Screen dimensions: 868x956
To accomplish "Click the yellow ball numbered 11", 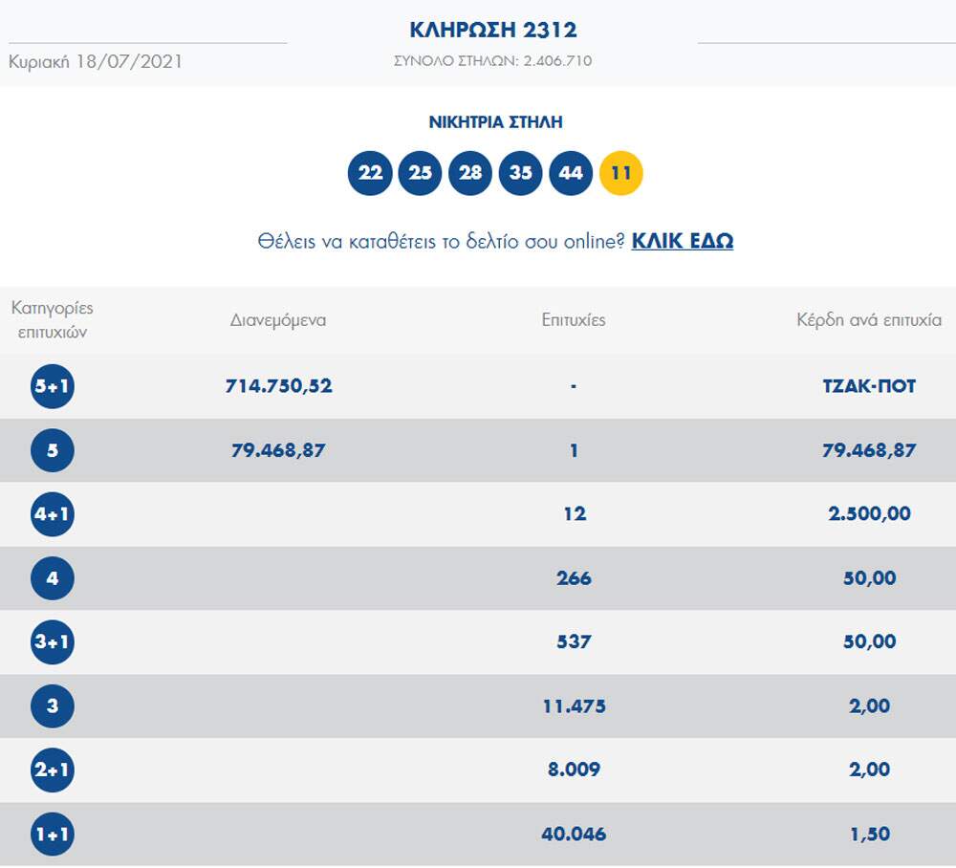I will [620, 173].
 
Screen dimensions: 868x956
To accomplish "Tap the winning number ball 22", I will [370, 173].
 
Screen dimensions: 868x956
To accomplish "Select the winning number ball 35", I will [520, 173].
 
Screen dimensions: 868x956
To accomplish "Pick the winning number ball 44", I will [571, 173].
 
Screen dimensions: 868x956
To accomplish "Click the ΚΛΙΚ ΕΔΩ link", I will [682, 241].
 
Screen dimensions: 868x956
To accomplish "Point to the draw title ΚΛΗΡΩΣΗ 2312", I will [493, 30].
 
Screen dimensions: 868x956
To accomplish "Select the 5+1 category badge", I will [52, 387].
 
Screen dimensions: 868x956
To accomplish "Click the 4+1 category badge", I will [52, 514].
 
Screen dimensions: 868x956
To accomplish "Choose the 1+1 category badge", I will [52, 835].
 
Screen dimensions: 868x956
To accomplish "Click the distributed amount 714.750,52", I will [278, 386].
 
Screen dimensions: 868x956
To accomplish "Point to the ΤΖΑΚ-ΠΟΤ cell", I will [869, 386].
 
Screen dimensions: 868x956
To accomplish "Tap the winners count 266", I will [574, 578].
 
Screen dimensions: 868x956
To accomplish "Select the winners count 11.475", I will [574, 706].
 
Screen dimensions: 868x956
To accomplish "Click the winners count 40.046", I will [574, 835].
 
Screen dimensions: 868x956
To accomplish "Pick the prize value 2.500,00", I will [869, 514].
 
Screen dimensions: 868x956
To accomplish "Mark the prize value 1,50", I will [869, 835].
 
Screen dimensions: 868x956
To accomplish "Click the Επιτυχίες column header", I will [574, 320].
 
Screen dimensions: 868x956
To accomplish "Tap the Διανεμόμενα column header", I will [278, 320].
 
